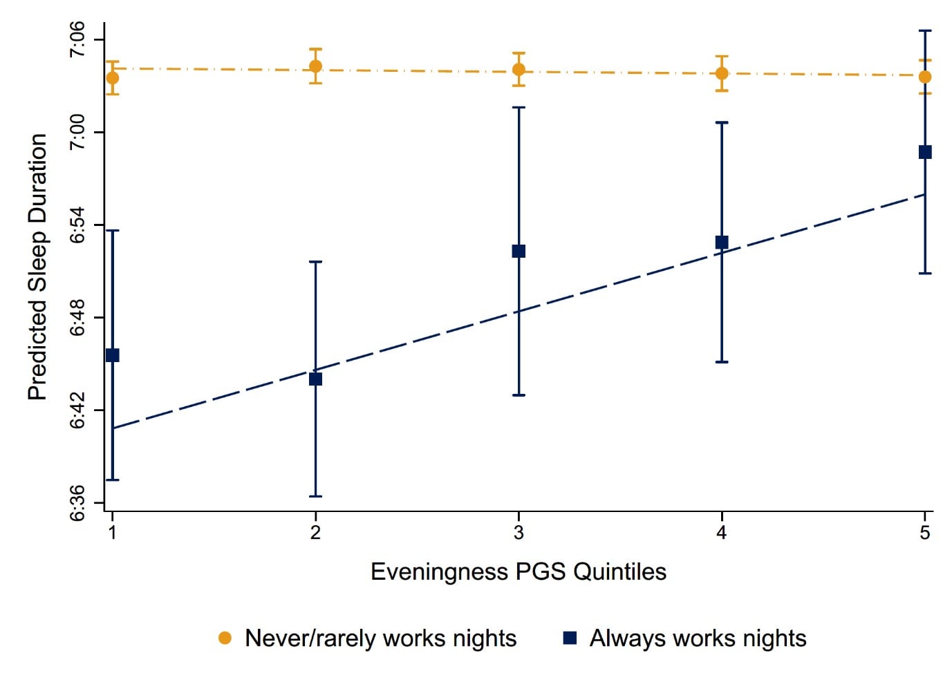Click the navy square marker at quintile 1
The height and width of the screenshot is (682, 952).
click(113, 355)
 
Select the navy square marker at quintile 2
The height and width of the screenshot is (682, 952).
click(315, 379)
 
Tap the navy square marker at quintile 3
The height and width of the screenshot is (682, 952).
click(519, 251)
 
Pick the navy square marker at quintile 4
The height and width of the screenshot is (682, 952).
click(722, 242)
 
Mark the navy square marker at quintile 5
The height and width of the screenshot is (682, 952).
click(925, 152)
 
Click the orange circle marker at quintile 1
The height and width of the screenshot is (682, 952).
click(113, 77)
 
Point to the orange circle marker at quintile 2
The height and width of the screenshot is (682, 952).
click(315, 66)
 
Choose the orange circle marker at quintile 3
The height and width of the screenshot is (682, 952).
click(519, 69)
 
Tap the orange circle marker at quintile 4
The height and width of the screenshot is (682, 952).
click(722, 73)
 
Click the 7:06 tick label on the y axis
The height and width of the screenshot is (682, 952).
click(77, 40)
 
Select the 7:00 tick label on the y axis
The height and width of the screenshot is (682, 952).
click(77, 132)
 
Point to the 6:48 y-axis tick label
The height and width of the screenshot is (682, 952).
click(77, 317)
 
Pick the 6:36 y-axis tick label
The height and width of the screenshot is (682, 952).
click(77, 502)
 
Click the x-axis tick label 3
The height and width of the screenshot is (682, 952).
click(519, 532)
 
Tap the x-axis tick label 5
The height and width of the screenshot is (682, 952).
click(925, 532)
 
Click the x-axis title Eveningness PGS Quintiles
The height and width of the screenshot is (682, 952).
click(519, 571)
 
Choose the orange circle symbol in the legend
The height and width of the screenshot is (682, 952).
click(225, 638)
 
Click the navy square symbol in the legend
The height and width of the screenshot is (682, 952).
click(570, 638)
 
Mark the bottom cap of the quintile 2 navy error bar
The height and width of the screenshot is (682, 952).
click(315, 496)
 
